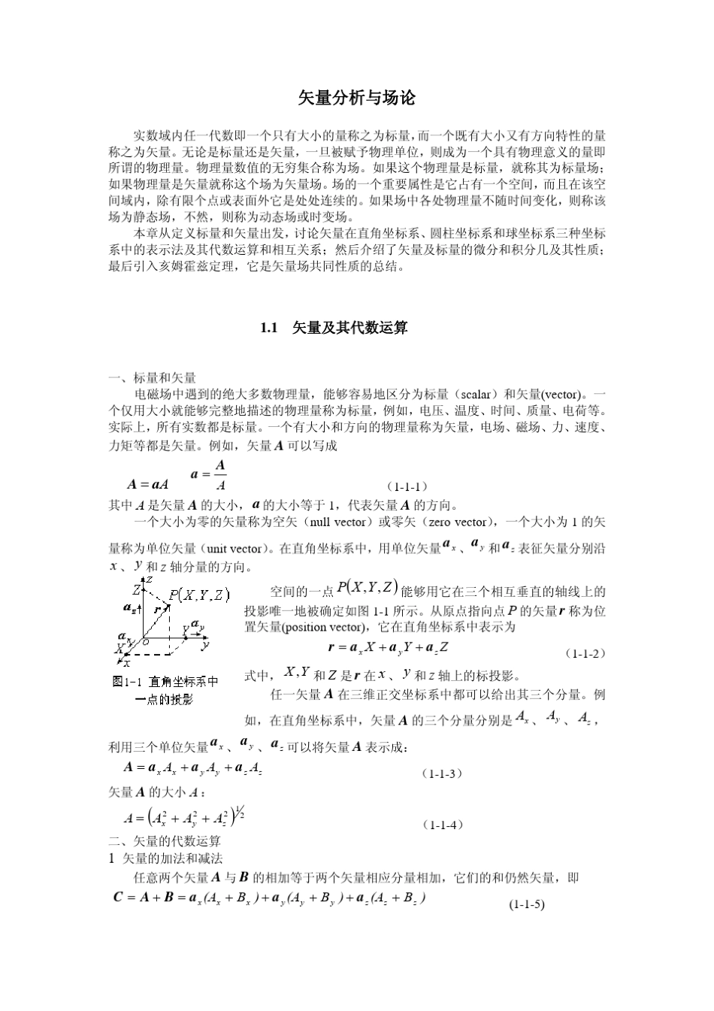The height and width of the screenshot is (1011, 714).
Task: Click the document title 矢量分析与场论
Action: (x=357, y=98)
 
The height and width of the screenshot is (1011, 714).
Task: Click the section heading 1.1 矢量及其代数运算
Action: (x=334, y=328)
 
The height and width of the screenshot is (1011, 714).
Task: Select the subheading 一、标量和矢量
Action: (x=153, y=377)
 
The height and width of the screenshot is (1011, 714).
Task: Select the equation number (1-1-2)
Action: (x=585, y=653)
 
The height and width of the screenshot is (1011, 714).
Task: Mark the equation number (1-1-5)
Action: (x=526, y=904)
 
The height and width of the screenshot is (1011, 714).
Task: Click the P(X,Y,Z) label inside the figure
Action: (x=199, y=595)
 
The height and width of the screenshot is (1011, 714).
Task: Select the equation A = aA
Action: (x=148, y=485)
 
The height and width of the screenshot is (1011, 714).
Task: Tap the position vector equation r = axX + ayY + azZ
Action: (x=389, y=647)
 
